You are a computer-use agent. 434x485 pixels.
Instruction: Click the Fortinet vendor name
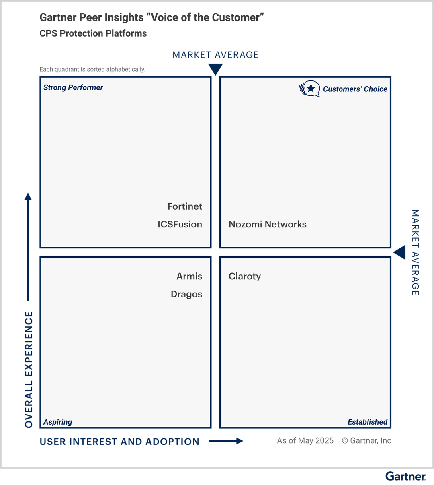(x=184, y=206)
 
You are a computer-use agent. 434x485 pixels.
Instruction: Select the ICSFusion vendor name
(x=180, y=225)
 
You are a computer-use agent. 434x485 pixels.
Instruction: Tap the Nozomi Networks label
(x=267, y=225)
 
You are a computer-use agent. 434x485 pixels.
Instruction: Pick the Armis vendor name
(x=189, y=277)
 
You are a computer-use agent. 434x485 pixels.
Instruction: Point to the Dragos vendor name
(x=186, y=295)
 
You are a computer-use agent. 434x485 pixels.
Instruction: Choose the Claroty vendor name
(x=245, y=277)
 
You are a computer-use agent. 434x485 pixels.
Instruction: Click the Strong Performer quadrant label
(x=73, y=88)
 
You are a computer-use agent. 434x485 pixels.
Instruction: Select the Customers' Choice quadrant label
(x=355, y=89)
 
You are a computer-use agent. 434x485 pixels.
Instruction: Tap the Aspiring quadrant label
(x=57, y=422)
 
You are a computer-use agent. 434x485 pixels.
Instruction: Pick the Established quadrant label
(x=367, y=422)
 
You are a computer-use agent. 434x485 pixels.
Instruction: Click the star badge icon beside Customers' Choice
(x=310, y=89)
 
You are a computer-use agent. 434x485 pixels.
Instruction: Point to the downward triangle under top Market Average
(x=215, y=70)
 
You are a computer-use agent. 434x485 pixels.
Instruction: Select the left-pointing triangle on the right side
(x=400, y=253)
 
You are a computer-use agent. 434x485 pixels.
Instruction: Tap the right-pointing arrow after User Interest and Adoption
(x=226, y=441)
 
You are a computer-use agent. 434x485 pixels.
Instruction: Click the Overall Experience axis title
(x=29, y=369)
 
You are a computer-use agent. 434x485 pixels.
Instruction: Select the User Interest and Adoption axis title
(x=119, y=442)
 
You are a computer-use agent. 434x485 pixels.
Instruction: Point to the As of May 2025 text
(x=305, y=441)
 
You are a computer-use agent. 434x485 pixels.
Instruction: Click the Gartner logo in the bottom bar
(x=405, y=477)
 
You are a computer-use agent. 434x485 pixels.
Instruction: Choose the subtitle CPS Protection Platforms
(x=93, y=33)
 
